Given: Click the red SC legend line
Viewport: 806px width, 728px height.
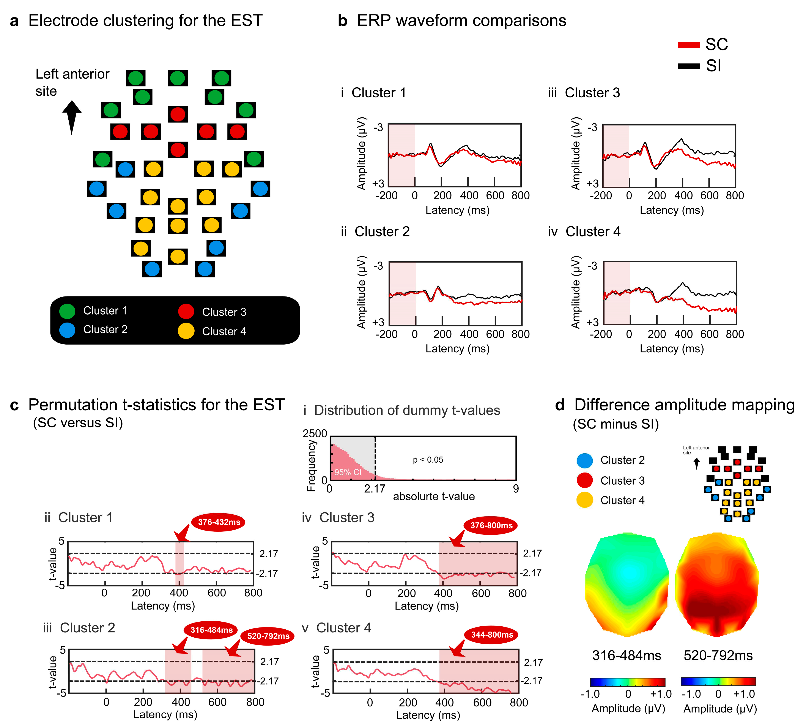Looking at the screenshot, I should [688, 45].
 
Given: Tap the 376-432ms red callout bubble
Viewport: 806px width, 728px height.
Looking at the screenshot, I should [219, 522].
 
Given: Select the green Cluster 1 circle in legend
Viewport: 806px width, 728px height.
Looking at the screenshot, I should [67, 311].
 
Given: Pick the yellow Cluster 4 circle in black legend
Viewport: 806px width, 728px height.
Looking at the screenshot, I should [186, 331].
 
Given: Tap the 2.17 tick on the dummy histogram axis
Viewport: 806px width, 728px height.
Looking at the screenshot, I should [375, 488].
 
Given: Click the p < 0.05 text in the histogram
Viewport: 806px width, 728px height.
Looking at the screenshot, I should [428, 460].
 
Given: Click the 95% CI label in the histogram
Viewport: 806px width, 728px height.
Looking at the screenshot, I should [348, 472].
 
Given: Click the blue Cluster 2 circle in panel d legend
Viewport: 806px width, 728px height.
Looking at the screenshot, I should [584, 460].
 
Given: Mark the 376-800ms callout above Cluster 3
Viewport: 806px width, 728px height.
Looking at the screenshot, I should [491, 526].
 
